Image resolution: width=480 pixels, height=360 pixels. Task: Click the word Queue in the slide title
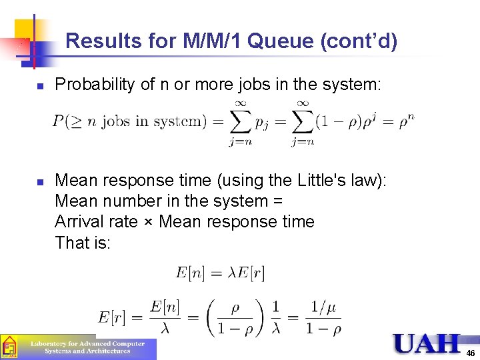[x=283, y=41]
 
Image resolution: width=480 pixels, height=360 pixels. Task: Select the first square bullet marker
[x=40, y=86]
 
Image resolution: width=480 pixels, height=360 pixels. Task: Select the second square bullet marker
[x=40, y=181]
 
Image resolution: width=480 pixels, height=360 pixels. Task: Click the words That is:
[x=83, y=243]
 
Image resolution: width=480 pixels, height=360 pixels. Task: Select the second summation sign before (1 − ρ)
[x=302, y=121]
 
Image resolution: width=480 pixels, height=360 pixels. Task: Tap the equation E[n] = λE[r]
[x=220, y=272]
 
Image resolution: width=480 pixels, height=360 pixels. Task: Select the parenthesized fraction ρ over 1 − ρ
[x=235, y=317]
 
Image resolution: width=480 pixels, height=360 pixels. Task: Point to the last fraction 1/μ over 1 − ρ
[x=323, y=317]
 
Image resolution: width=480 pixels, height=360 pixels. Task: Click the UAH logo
[x=426, y=343]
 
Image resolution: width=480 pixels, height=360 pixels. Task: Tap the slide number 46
[x=471, y=353]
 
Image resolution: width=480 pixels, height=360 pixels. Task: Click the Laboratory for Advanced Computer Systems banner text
[x=87, y=347]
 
